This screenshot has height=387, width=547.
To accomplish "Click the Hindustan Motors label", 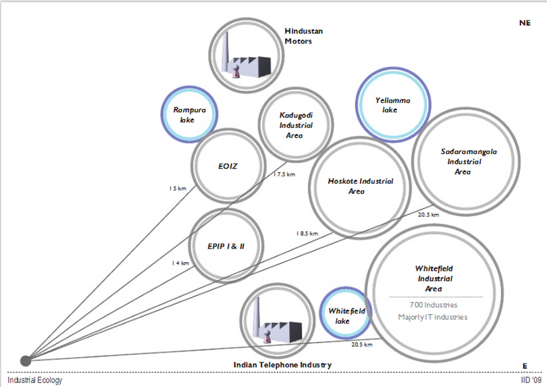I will click(x=303, y=36).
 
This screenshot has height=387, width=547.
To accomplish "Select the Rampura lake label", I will click(x=189, y=115).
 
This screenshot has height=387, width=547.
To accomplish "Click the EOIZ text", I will click(x=228, y=166).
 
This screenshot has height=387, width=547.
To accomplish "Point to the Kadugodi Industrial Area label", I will click(x=296, y=125).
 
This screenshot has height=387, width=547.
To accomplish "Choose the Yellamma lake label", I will click(x=392, y=105).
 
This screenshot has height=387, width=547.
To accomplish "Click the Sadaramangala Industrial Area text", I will click(x=468, y=161).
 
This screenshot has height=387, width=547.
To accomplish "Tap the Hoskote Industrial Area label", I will click(x=360, y=186).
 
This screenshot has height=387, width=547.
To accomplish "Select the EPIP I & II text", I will click(x=226, y=246).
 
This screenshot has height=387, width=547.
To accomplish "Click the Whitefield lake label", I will click(x=346, y=316).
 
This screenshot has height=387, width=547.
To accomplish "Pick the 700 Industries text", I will click(x=433, y=305).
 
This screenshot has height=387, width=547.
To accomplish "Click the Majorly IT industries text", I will click(x=432, y=317).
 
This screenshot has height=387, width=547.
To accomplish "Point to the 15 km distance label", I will click(x=178, y=188).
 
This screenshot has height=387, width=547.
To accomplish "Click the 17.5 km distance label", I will click(x=284, y=174).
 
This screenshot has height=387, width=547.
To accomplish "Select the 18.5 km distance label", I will click(x=307, y=233).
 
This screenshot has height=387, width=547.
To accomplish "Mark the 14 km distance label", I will click(x=181, y=263).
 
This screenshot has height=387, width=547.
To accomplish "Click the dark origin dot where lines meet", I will click(x=26, y=361).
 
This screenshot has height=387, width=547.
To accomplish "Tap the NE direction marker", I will click(x=525, y=23).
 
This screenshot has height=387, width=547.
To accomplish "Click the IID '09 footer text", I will click(x=531, y=380).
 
